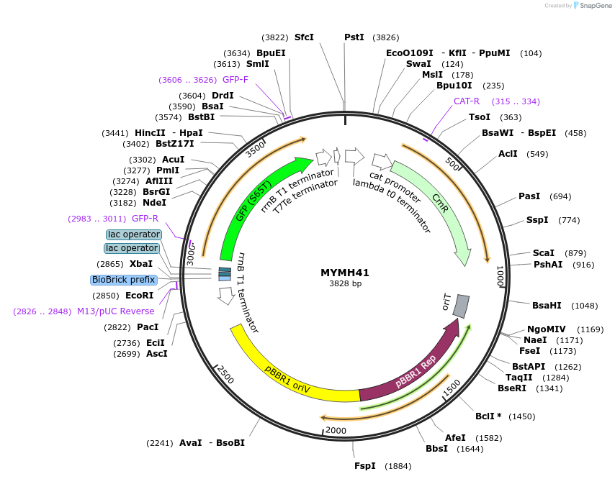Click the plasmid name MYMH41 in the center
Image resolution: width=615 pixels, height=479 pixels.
click(x=346, y=273)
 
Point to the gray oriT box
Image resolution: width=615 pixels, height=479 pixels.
click(x=461, y=306)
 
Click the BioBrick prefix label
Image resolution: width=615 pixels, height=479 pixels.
click(x=123, y=280)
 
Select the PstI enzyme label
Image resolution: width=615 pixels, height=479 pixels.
click(x=354, y=37)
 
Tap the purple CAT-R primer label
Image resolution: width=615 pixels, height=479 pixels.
click(x=467, y=101)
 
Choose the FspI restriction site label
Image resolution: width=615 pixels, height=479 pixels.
click(x=365, y=466)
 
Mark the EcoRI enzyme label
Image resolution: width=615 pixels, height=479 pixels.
click(x=140, y=296)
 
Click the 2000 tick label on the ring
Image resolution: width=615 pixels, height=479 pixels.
click(x=336, y=430)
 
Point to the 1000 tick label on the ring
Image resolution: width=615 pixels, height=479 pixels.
click(x=498, y=277)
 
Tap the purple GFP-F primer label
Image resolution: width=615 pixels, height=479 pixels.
click(x=235, y=80)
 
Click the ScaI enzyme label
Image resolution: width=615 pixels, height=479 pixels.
click(x=544, y=253)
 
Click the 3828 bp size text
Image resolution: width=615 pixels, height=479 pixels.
click(x=346, y=284)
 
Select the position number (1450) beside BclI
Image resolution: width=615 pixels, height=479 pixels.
click(x=522, y=416)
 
